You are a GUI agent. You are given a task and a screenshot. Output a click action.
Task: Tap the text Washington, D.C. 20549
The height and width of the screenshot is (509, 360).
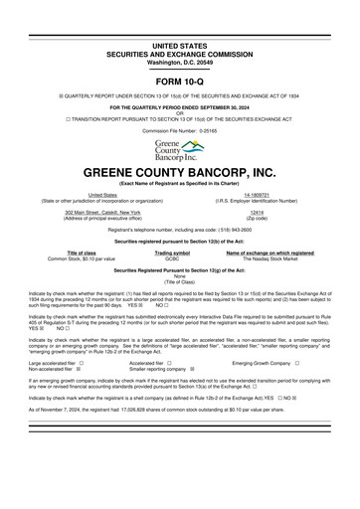click(179, 35)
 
